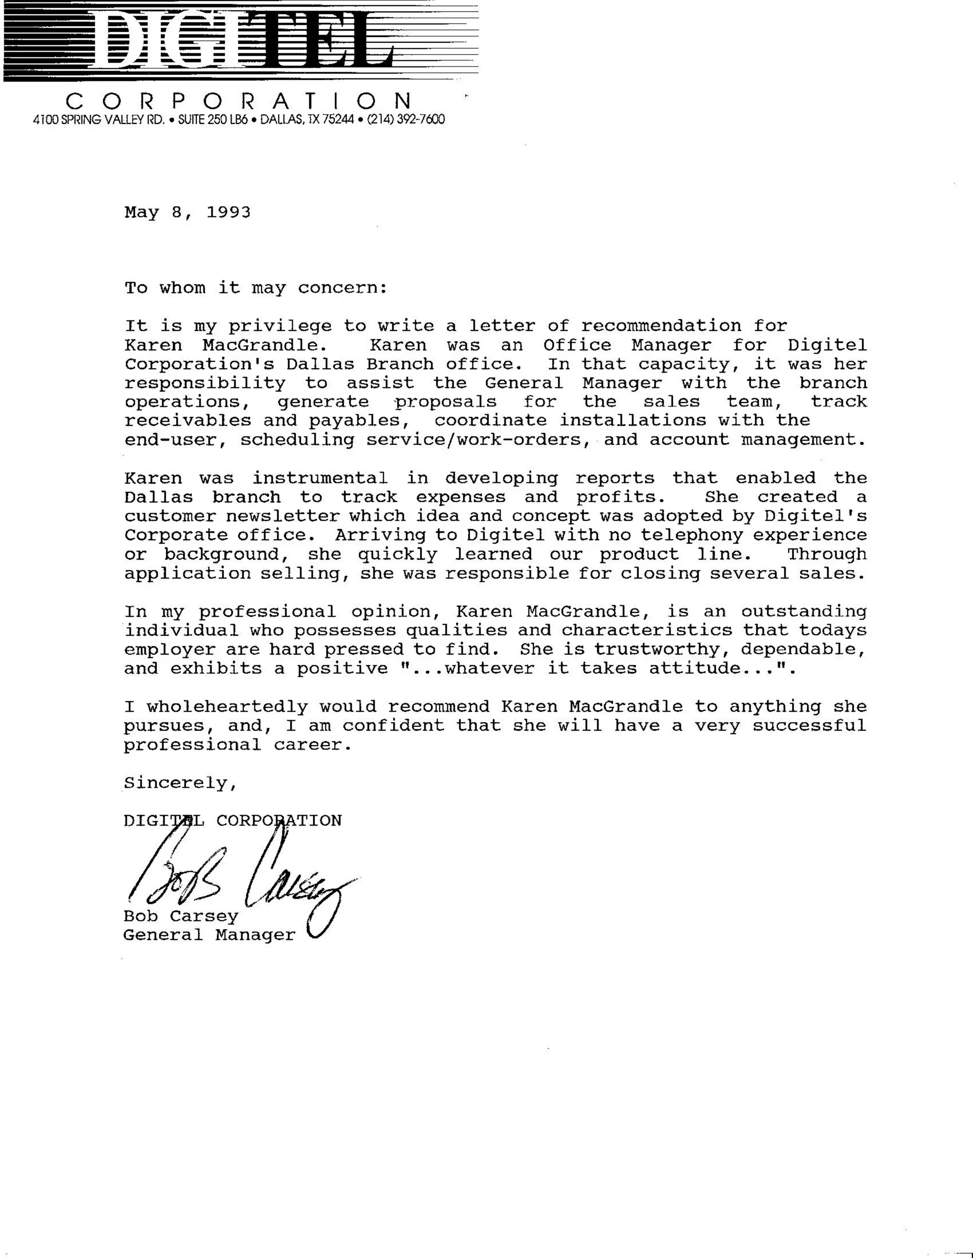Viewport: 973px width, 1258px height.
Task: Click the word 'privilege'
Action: click(280, 327)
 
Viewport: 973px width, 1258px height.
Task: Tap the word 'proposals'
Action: click(446, 402)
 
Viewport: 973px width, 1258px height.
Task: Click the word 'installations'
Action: click(633, 421)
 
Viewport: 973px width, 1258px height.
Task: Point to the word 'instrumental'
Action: click(320, 478)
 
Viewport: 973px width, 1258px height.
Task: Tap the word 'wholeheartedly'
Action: click(227, 707)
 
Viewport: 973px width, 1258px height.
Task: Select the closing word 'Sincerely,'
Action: click(181, 783)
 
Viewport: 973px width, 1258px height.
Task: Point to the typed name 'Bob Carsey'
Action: click(181, 916)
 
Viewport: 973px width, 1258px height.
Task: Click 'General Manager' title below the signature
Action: click(209, 936)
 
